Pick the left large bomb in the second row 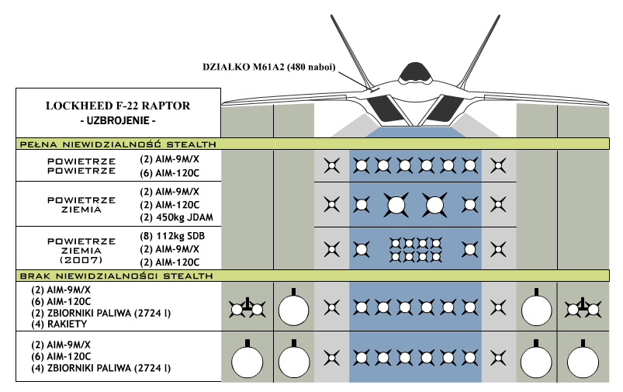point(396,205)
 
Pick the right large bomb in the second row point(434,205)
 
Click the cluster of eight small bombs point(415,249)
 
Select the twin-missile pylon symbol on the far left point(247,309)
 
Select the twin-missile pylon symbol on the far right point(583,309)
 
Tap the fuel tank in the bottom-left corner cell point(247,361)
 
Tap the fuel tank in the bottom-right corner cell point(583,361)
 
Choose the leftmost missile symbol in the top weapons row point(331,165)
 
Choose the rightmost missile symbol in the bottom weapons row point(497,358)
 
